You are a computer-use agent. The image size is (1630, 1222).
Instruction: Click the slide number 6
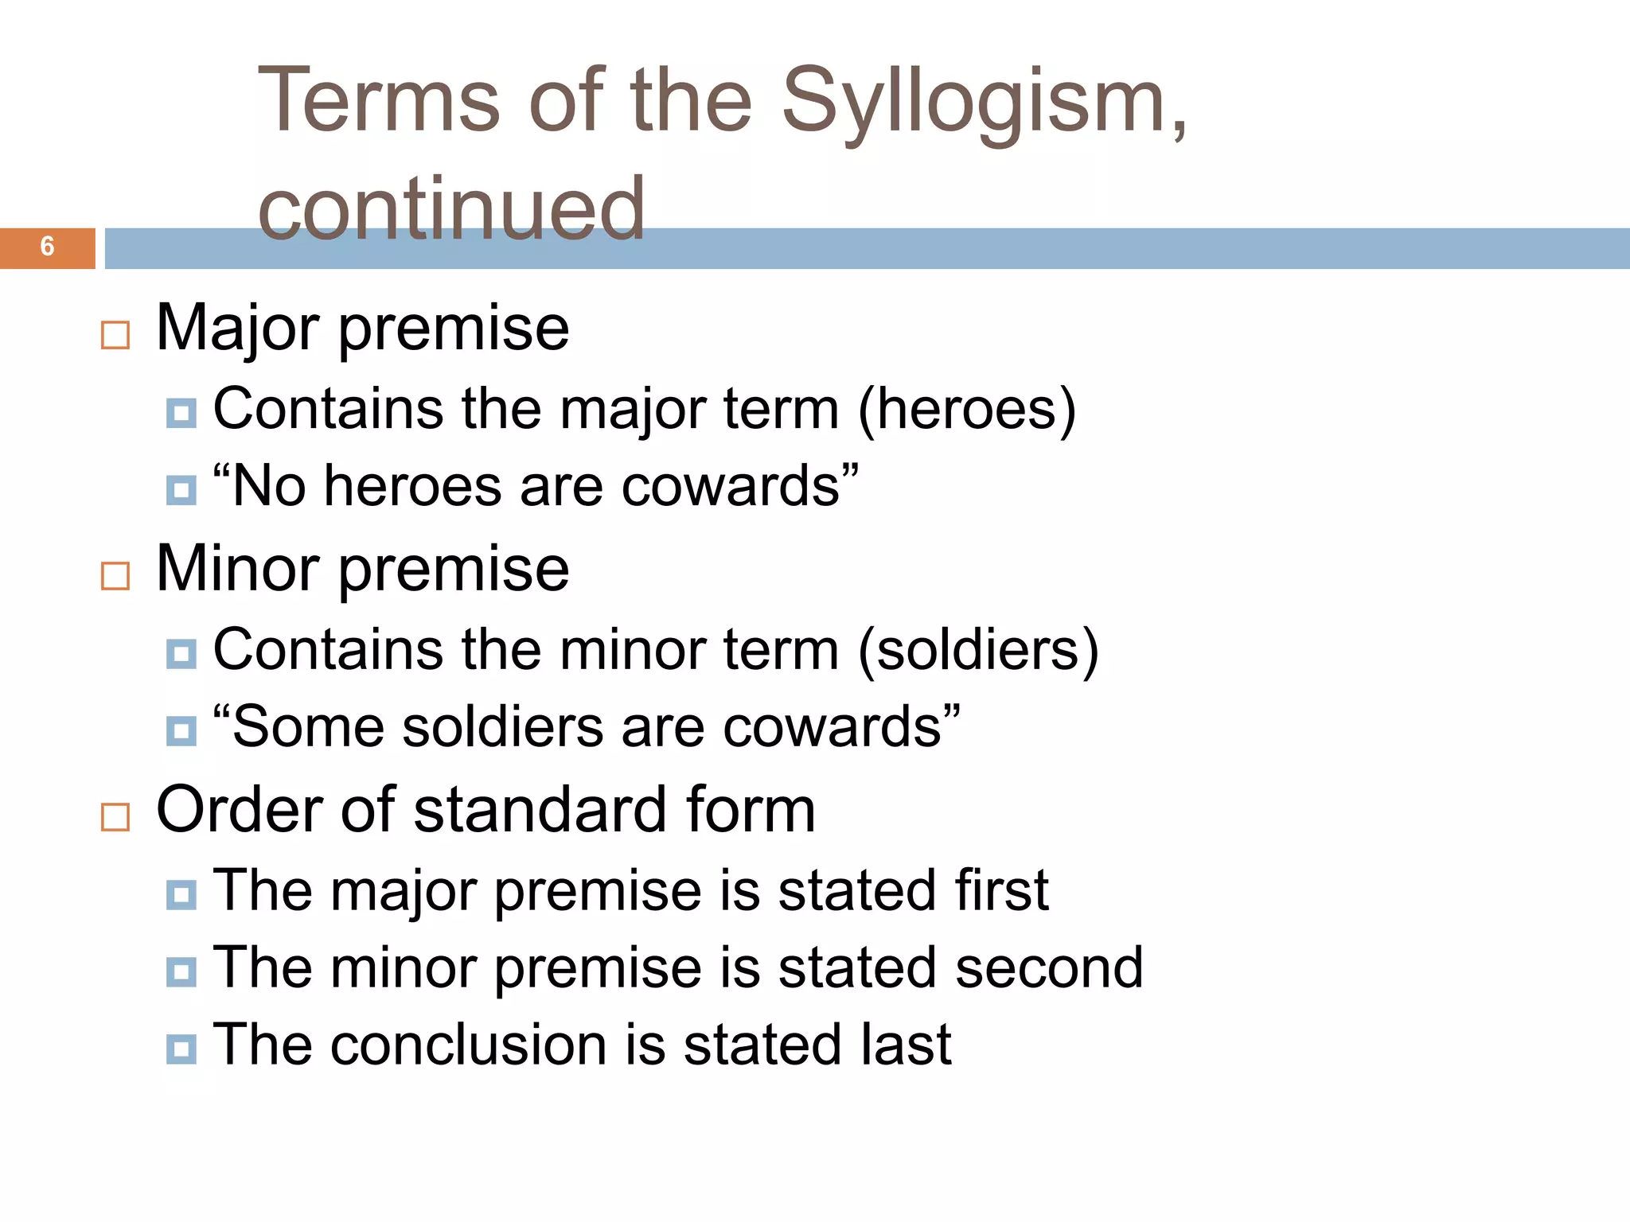tap(47, 247)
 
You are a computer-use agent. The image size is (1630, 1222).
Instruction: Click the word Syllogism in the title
tap(984, 102)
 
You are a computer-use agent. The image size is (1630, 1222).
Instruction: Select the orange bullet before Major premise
tap(115, 335)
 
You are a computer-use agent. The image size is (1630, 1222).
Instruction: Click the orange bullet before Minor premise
tap(115, 576)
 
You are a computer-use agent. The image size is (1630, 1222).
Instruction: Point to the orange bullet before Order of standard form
tap(115, 817)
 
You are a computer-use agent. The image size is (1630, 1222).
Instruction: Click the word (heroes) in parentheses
tap(966, 409)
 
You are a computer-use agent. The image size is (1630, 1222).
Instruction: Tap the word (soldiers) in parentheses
tap(978, 650)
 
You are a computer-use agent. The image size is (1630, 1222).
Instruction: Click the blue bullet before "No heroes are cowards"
tap(181, 490)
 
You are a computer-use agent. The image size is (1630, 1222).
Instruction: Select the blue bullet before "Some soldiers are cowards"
tap(181, 731)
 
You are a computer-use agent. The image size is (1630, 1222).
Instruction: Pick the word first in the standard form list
tap(1002, 889)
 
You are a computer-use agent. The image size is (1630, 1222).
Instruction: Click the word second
tap(1049, 967)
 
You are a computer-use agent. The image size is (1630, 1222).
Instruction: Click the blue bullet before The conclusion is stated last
tap(181, 1049)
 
